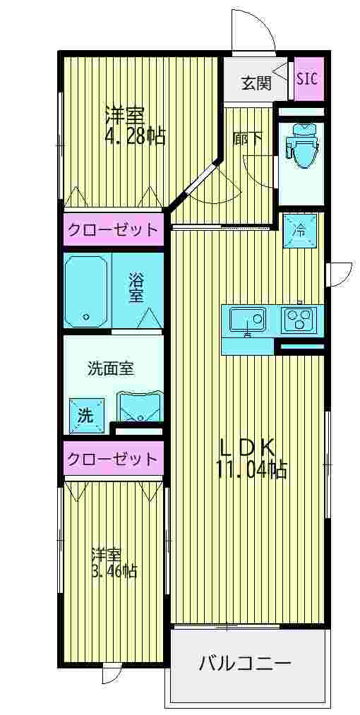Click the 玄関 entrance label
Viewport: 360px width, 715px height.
coord(256,83)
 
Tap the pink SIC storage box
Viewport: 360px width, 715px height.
coord(306,78)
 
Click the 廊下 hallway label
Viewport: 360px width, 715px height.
coord(248,139)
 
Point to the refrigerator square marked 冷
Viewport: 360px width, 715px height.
coord(299,229)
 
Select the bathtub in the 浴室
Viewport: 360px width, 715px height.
coord(87,289)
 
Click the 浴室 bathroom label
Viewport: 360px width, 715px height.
coord(137,288)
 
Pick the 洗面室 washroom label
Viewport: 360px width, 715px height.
coord(111,368)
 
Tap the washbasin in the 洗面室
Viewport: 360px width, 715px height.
coord(140,407)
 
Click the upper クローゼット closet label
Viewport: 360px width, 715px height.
coord(112,229)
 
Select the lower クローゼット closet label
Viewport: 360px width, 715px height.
coord(112,459)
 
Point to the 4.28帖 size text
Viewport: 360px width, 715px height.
coord(135,136)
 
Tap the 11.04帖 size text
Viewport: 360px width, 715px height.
coord(252,470)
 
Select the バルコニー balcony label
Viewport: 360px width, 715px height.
coord(244,663)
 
